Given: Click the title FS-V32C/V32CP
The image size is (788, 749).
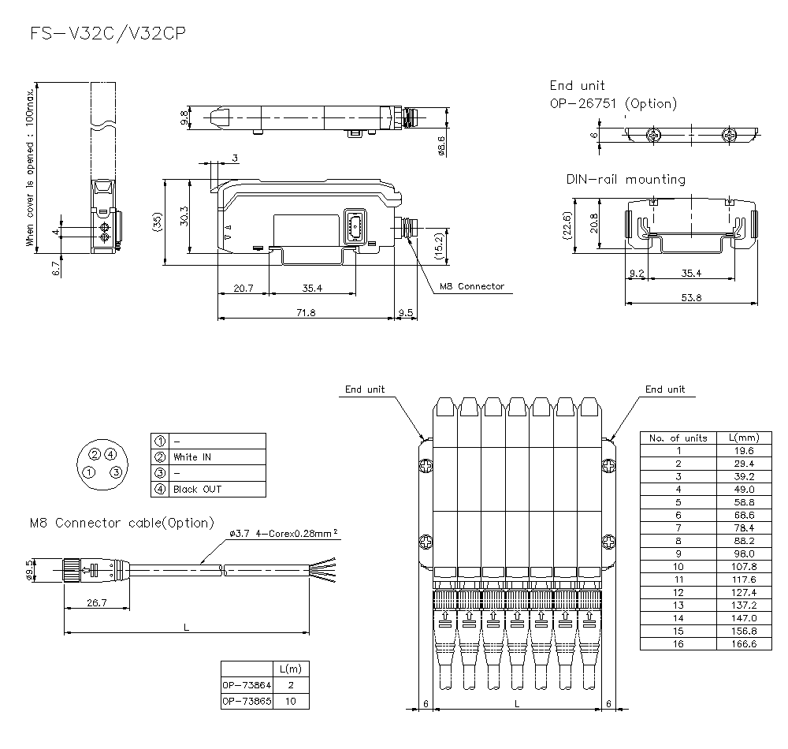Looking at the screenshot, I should click(x=108, y=34).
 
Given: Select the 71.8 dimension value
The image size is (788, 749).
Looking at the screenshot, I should click(x=306, y=312).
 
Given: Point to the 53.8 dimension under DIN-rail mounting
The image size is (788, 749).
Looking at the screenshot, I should click(x=692, y=297).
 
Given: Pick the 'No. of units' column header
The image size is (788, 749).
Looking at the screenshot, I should click(x=678, y=438).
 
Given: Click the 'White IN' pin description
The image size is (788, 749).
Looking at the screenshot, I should click(x=192, y=457).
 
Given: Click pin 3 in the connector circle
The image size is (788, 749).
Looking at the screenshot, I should click(x=116, y=472).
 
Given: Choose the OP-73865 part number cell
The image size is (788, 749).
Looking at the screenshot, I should click(x=247, y=701).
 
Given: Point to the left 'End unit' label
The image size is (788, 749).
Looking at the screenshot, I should click(x=364, y=389).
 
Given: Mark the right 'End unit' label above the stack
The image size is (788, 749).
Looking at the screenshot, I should click(x=665, y=389).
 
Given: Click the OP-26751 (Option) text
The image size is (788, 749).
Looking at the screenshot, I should click(x=613, y=103).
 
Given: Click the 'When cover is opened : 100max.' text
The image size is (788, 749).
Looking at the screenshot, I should click(x=30, y=168).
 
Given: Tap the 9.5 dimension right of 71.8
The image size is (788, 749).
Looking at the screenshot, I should click(x=406, y=312).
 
